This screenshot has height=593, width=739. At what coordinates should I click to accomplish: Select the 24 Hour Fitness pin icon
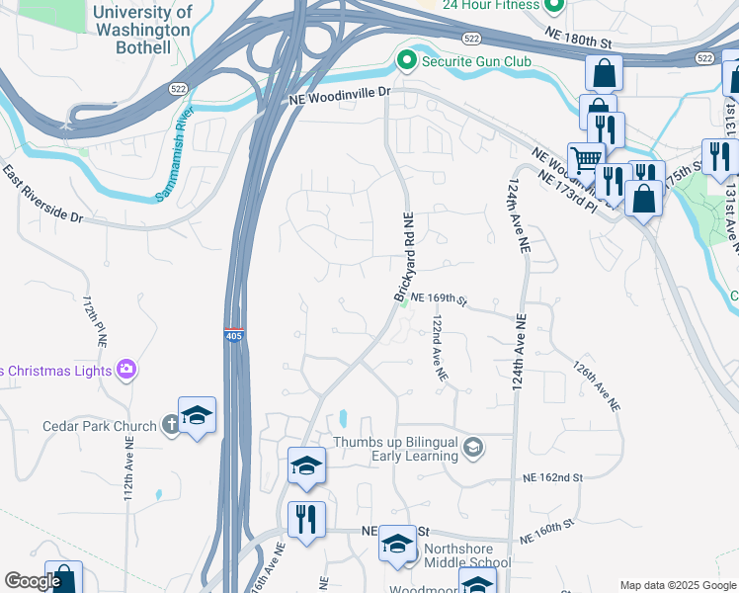point(553,6)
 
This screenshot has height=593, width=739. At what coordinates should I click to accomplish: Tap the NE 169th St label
point(438,297)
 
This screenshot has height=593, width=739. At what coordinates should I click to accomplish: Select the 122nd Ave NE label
point(440,349)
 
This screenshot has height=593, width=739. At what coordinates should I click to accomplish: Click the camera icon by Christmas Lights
point(125,371)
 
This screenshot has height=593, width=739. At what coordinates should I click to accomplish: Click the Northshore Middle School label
point(456,563)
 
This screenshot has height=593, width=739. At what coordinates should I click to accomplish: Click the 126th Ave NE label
point(596,385)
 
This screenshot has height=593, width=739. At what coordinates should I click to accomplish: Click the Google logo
point(33,582)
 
